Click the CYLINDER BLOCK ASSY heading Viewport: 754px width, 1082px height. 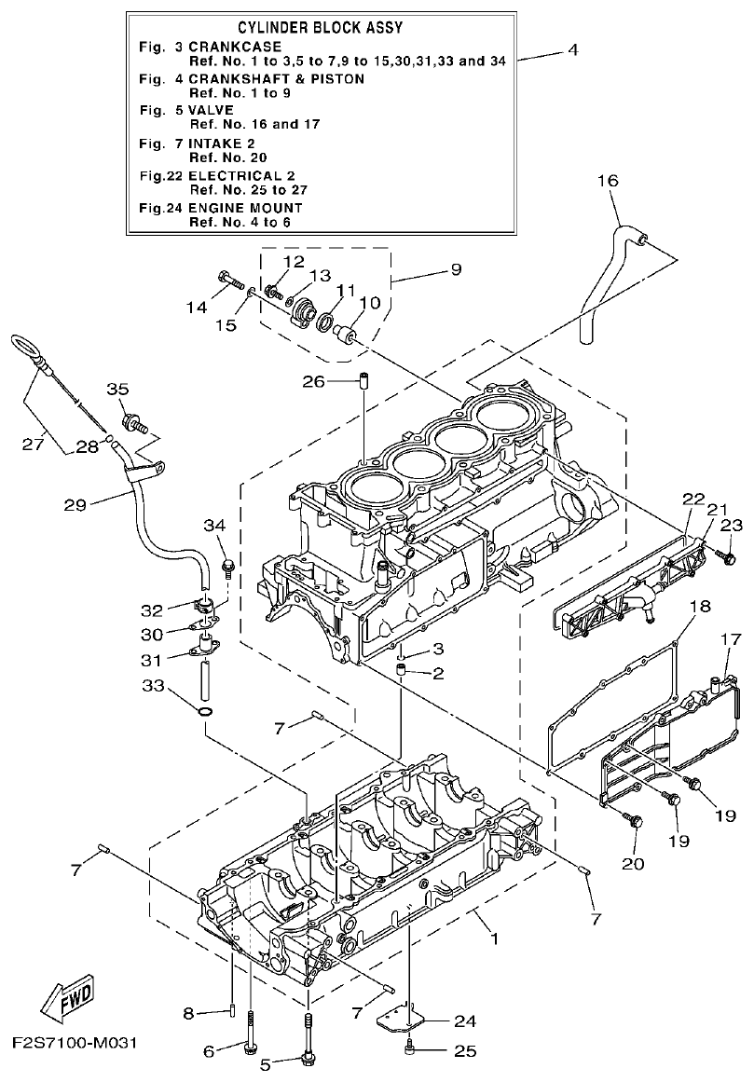pos(320,29)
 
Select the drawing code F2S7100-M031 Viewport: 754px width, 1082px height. pos(75,1041)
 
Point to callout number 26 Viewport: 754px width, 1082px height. pos(314,382)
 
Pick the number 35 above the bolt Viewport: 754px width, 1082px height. pos(117,389)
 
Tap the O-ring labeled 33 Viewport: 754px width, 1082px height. pos(205,714)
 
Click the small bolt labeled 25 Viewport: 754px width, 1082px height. pos(410,1052)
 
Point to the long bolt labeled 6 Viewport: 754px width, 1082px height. pos(251,1036)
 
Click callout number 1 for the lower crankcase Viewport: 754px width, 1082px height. pos(495,939)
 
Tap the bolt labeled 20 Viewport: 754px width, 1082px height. pos(635,821)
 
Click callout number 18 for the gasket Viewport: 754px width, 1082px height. pos(700,607)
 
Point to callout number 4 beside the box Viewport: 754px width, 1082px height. pos(572,50)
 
